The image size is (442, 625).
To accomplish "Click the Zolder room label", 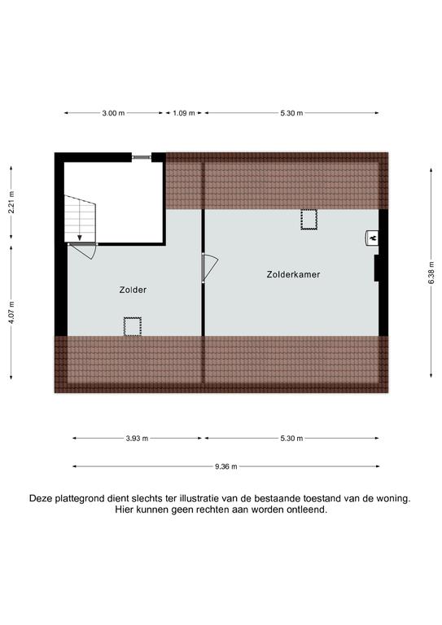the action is click(x=133, y=290).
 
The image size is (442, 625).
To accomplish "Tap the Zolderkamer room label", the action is click(x=293, y=274).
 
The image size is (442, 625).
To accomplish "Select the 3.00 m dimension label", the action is click(x=113, y=113).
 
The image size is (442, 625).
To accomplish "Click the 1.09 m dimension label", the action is click(x=184, y=113).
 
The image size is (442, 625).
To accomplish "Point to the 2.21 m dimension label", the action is click(x=11, y=203).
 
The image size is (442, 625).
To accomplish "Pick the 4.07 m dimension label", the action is click(x=11, y=312).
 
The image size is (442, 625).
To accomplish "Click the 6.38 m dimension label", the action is click(x=431, y=273).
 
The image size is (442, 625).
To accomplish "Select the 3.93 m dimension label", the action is click(x=137, y=439).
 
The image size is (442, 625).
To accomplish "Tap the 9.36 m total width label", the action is click(x=226, y=466).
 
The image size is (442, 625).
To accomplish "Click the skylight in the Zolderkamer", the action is click(x=309, y=220).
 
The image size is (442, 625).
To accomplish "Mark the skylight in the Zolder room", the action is click(x=133, y=326).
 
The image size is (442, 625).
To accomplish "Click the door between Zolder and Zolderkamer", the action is click(x=210, y=268).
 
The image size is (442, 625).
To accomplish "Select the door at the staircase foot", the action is click(x=83, y=251).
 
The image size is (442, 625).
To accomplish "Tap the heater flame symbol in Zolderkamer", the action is click(x=373, y=238).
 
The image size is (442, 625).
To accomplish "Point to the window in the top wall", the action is click(x=142, y=157).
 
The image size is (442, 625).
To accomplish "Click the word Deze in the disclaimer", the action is click(x=41, y=498).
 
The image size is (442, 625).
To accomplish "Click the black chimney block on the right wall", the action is click(x=376, y=268).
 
